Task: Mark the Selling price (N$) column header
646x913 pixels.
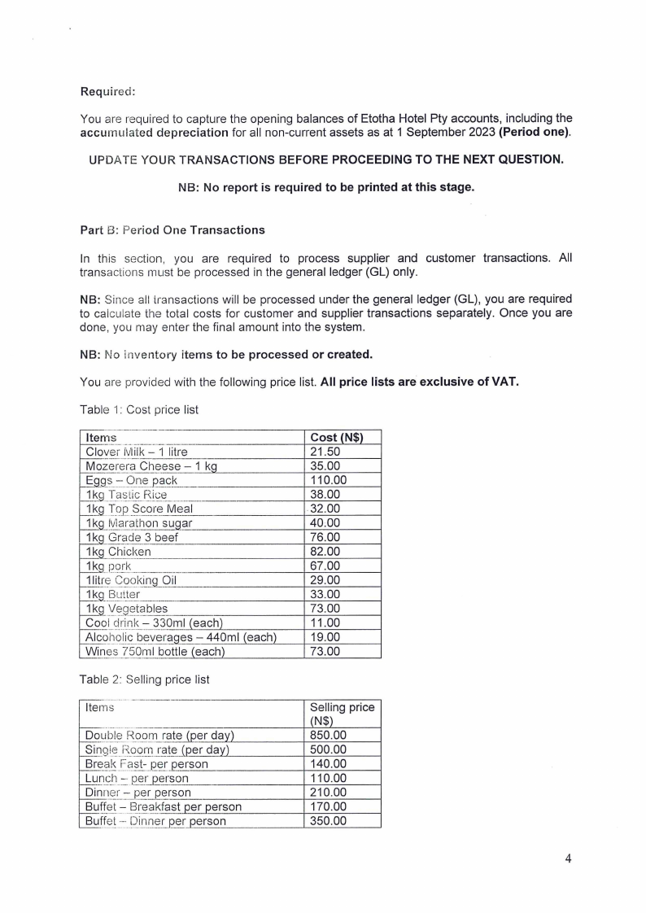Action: (342, 714)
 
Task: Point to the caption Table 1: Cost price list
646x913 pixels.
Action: (139, 409)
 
